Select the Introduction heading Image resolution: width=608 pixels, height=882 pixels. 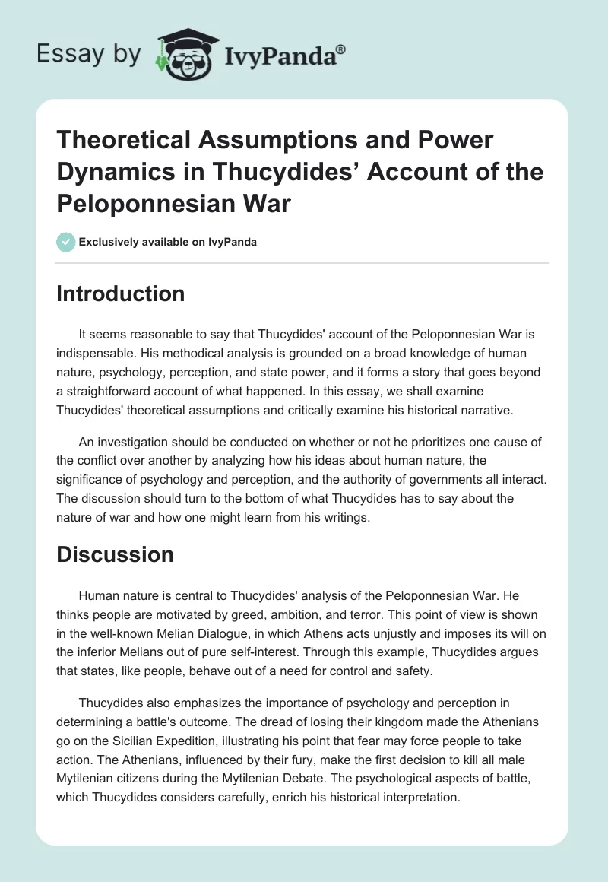click(120, 293)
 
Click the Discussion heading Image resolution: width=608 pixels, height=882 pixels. click(115, 555)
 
